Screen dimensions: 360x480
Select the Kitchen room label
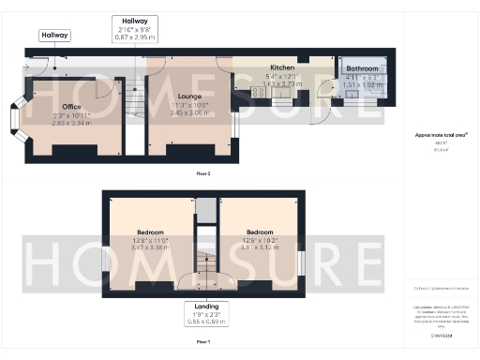[282, 67]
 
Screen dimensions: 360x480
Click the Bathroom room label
[362, 69]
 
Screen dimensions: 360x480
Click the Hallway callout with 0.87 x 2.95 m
[133, 30]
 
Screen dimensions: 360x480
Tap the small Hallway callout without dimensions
[54, 36]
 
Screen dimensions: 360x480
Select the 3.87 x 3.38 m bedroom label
[149, 232]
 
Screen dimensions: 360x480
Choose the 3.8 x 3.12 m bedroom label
[259, 232]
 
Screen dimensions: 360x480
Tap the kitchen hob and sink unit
[256, 92]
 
